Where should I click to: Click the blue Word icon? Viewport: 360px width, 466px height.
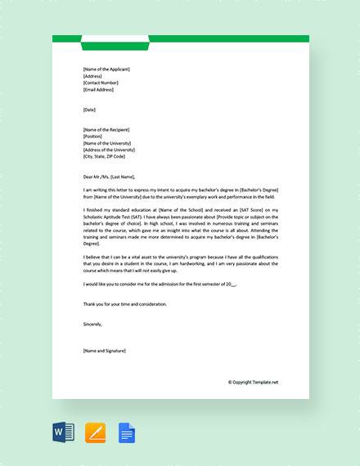[64, 432]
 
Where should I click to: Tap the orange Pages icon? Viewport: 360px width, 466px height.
[96, 432]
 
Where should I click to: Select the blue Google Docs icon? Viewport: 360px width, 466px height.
[127, 432]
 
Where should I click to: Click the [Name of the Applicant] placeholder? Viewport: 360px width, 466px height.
[106, 69]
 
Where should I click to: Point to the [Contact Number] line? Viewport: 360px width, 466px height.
[101, 83]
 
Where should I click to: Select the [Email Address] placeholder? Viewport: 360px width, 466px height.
[100, 89]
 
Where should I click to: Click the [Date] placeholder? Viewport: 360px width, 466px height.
[89, 109]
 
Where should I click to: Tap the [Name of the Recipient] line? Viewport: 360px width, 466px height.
[106, 129]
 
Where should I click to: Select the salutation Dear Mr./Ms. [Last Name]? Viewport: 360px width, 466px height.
[109, 176]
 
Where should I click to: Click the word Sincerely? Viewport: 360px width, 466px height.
[92, 324]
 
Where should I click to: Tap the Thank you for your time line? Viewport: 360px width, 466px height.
[124, 304]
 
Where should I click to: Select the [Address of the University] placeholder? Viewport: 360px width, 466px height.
[109, 149]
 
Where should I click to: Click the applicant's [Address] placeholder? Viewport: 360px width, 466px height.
[92, 76]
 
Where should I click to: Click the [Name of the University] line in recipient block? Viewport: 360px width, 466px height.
[106, 142]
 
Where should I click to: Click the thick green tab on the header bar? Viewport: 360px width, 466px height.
[126, 44]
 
